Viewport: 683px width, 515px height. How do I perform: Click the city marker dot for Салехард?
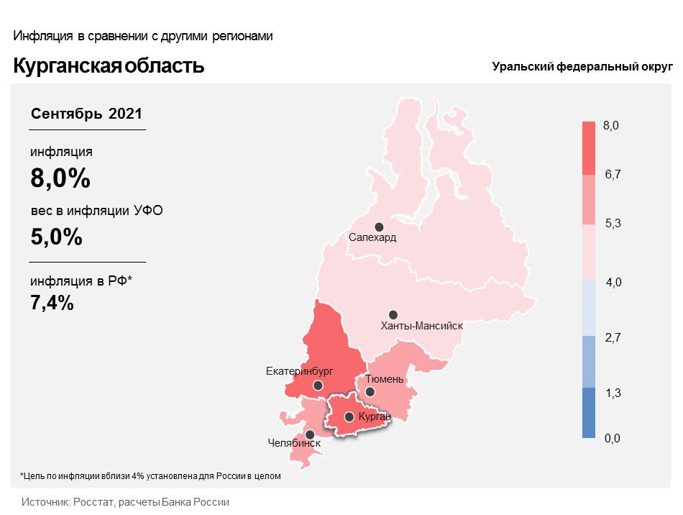(x=379, y=227)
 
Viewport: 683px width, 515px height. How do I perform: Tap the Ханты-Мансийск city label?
(x=421, y=326)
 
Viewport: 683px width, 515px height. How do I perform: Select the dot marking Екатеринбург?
(x=318, y=386)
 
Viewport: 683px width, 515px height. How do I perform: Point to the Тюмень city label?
(x=385, y=378)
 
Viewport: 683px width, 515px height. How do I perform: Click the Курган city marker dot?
(x=349, y=416)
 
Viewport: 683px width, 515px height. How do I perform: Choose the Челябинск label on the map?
(x=293, y=443)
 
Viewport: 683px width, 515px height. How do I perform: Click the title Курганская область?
(x=109, y=66)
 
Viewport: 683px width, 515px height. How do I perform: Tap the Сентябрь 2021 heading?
(x=86, y=114)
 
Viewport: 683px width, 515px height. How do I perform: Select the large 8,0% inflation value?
(x=60, y=178)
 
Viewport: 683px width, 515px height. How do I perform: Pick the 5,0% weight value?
(x=56, y=236)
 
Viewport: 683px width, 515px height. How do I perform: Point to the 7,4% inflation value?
(x=52, y=303)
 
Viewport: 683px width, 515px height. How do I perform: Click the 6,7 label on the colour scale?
(x=613, y=175)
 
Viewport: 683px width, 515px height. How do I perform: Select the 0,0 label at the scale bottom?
(x=612, y=438)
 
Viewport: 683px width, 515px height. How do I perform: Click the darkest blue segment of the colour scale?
(x=589, y=413)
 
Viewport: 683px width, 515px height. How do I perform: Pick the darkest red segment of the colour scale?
(x=589, y=148)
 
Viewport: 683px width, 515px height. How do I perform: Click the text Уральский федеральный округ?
(x=582, y=67)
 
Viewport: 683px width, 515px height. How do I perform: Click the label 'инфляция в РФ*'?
(x=81, y=282)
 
